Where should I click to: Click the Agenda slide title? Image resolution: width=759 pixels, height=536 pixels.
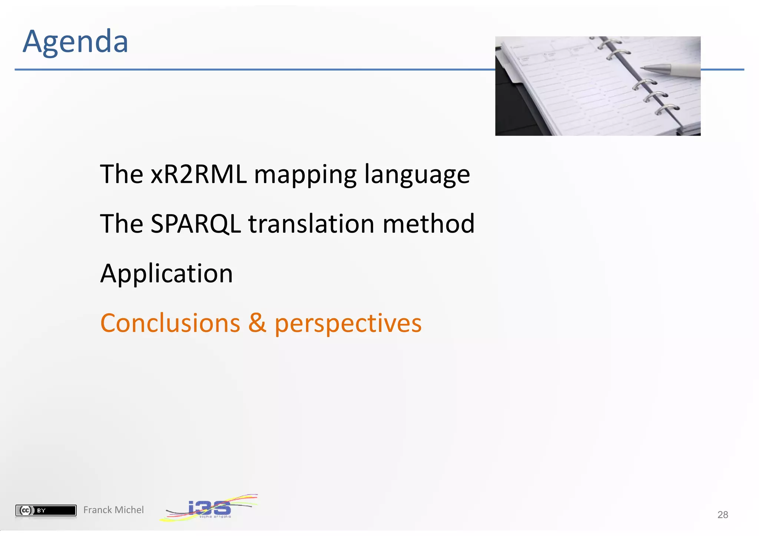[x=75, y=42]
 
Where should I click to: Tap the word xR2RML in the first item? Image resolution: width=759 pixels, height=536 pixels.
[x=198, y=174]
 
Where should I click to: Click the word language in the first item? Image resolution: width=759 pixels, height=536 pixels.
[x=417, y=175]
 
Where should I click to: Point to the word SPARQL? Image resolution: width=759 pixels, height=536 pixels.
[x=195, y=224]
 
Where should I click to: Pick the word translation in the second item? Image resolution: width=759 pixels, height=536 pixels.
[x=311, y=224]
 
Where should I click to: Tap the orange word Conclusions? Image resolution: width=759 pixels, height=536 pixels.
[x=170, y=323]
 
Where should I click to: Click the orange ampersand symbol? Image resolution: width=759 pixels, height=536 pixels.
[x=257, y=323]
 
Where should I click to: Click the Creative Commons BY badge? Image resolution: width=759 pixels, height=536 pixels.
[x=46, y=510]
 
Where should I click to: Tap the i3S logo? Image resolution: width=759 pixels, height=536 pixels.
[x=209, y=508]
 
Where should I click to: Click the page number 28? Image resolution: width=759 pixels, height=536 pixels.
[x=722, y=515]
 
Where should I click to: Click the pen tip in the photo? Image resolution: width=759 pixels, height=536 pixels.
[x=644, y=68]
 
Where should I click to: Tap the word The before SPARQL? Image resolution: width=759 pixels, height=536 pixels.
[x=121, y=224]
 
